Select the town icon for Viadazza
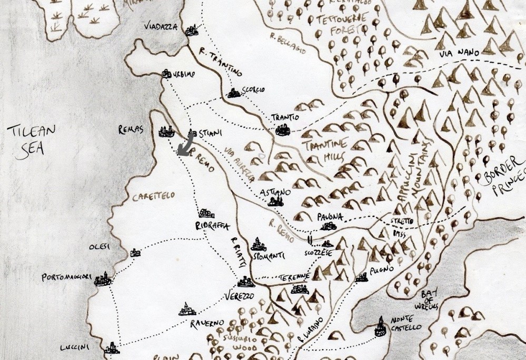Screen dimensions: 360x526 click(193, 30)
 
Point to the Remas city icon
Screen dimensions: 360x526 click(167, 131)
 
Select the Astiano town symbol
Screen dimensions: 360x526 click(275, 201)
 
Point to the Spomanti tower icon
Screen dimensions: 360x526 click(257, 244)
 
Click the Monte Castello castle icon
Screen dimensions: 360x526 click(380, 327)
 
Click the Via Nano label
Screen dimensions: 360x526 click(452, 54)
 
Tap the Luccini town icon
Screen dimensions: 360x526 click(111, 348)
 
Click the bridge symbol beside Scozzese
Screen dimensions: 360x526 click(311, 241)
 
